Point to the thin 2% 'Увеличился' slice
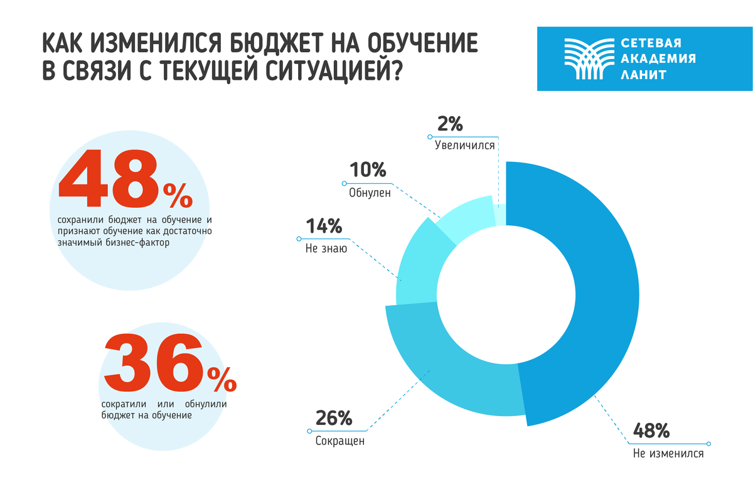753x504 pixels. coord(500,210)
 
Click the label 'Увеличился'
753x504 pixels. coord(465,145)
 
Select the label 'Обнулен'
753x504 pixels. coord(370,193)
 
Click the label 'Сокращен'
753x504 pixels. coord(339,441)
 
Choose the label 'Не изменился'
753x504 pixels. coord(668,453)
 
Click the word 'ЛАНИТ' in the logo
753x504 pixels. coord(643,75)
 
